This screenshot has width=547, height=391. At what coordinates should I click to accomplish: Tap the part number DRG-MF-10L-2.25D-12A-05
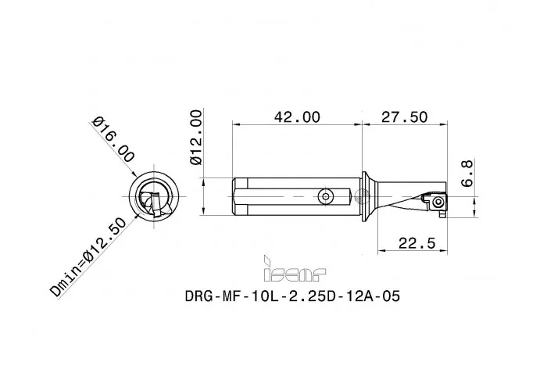295,298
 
